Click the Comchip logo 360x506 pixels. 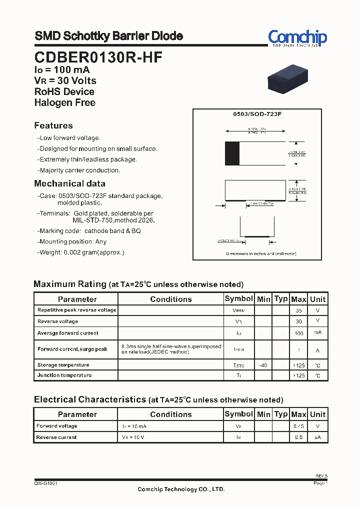pyautogui.click(x=297, y=38)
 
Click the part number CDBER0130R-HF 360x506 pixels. pyautogui.click(x=98, y=57)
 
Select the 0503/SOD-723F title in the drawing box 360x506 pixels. pyautogui.click(x=257, y=114)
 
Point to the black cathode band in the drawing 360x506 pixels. pyautogui.click(x=232, y=153)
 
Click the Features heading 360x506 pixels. pyautogui.click(x=53, y=125)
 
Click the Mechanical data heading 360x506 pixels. pyautogui.click(x=69, y=183)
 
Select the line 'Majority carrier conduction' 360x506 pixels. pyautogui.click(x=79, y=170)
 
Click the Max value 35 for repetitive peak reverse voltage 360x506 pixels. pyautogui.click(x=298, y=310)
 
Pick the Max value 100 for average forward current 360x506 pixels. pyautogui.click(x=298, y=333)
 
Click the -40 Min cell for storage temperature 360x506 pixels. pyautogui.click(x=263, y=365)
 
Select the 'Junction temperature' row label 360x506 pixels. pyautogui.click(x=64, y=375)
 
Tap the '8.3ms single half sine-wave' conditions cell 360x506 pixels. pyautogui.click(x=170, y=349)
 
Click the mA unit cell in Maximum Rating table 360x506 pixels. pyautogui.click(x=317, y=333)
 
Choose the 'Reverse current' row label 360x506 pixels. pyautogui.click(x=56, y=437)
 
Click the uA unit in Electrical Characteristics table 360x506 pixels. pyautogui.click(x=317, y=437)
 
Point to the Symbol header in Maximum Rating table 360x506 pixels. pyautogui.click(x=238, y=298)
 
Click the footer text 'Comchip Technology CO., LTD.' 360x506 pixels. pyautogui.click(x=181, y=489)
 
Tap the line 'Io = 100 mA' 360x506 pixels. pyautogui.click(x=62, y=70)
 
